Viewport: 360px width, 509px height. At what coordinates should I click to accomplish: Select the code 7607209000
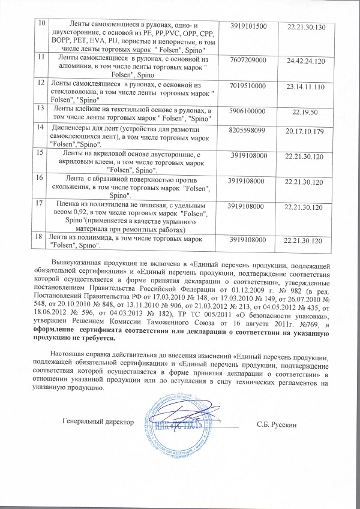pyautogui.click(x=250, y=61)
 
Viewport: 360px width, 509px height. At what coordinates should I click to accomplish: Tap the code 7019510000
pyautogui.click(x=249, y=87)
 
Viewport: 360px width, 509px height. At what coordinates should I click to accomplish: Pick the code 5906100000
pyautogui.click(x=249, y=112)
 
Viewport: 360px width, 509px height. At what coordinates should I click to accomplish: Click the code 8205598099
pyautogui.click(x=249, y=129)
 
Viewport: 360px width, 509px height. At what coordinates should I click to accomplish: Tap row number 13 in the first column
pyautogui.click(x=41, y=109)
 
